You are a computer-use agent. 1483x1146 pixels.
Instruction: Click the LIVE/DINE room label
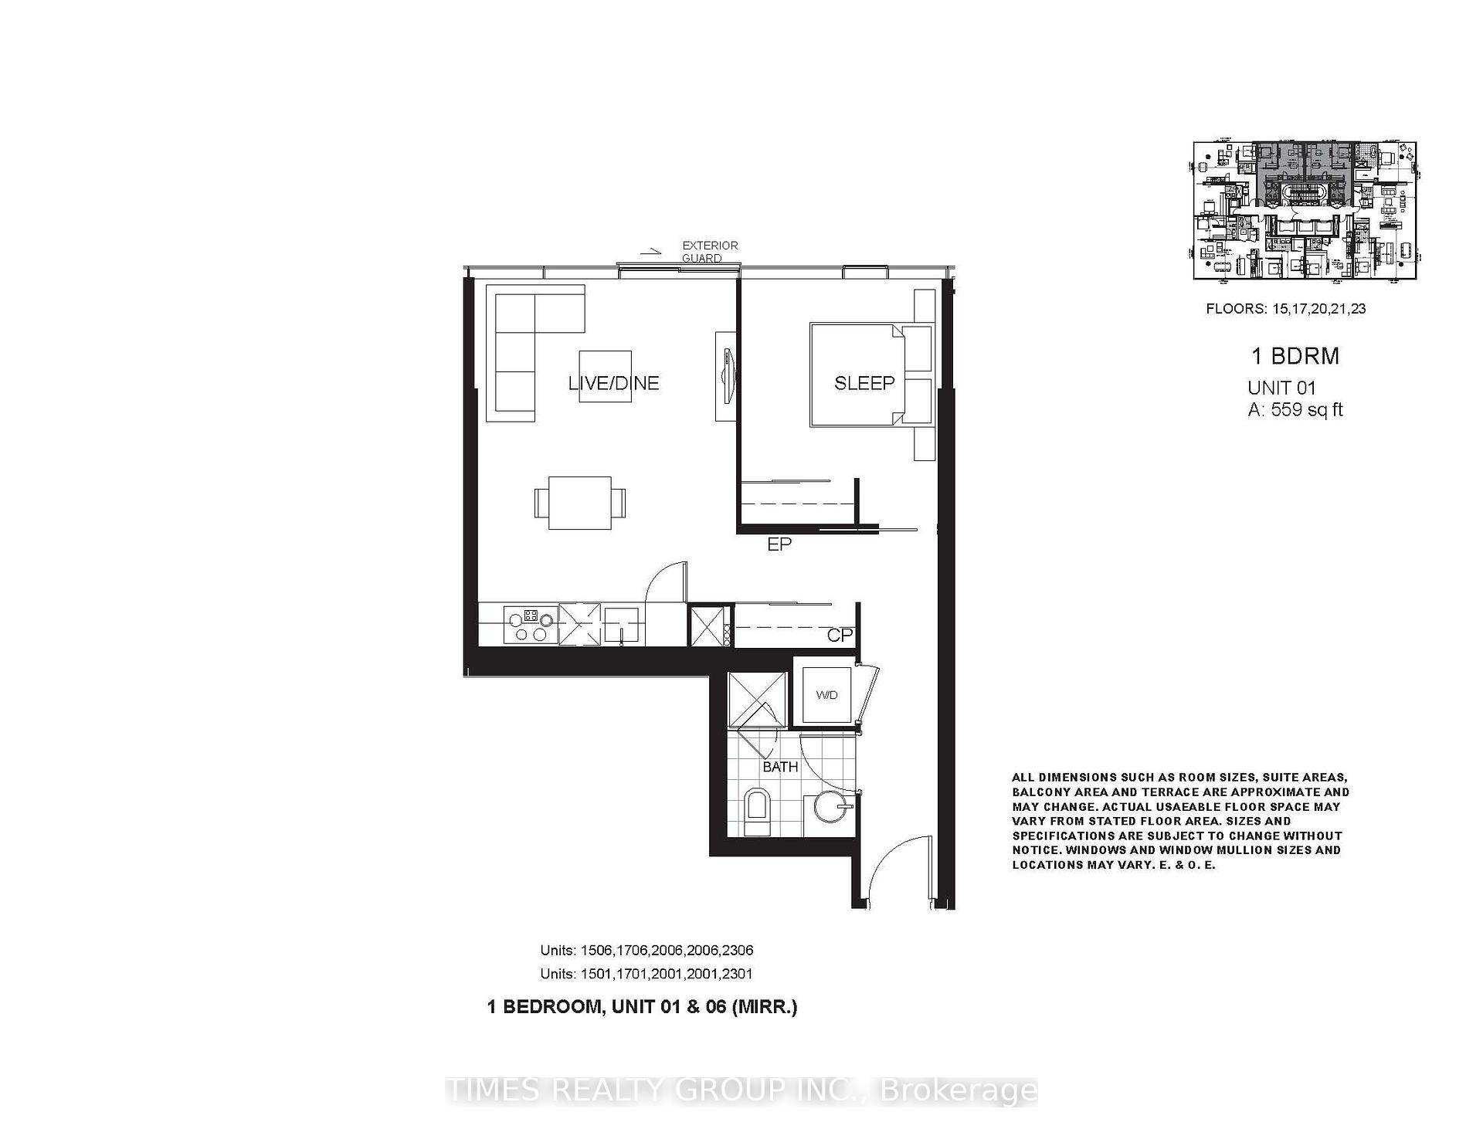(613, 383)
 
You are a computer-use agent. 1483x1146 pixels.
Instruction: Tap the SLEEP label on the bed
(864, 383)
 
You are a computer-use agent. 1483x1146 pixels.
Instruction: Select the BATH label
(780, 767)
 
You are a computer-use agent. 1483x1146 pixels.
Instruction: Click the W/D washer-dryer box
(826, 695)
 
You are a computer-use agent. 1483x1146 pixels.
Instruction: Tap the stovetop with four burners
(530, 625)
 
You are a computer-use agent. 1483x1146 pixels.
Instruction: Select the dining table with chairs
(580, 503)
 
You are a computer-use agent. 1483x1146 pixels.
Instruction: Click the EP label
(779, 544)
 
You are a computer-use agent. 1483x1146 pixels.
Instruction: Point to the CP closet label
(840, 635)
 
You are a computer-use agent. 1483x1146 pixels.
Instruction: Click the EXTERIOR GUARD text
(709, 252)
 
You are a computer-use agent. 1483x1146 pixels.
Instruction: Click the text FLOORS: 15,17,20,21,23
(1286, 309)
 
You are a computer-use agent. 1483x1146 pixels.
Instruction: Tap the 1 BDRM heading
(1295, 356)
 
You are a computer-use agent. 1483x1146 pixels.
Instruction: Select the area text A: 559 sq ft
(1295, 410)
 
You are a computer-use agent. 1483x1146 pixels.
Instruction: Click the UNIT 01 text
(1281, 388)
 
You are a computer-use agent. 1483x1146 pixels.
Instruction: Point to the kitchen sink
(622, 625)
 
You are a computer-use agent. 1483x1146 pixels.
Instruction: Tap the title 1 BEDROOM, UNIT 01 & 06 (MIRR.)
(642, 1007)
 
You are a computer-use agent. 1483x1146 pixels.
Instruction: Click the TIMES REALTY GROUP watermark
(741, 1090)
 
